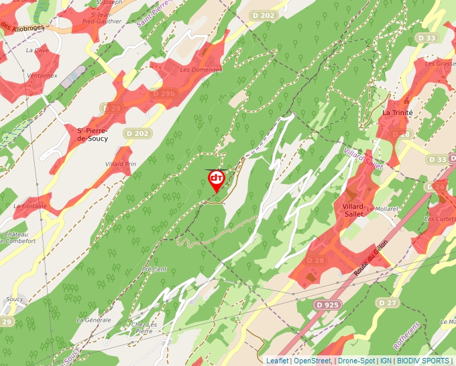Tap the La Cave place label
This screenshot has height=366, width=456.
pos(38,50)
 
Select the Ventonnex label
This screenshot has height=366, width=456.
pos(42,76)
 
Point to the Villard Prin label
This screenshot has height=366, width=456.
pos(121,164)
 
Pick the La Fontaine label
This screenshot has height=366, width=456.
pos(30,206)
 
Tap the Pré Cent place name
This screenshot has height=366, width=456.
pos(154,269)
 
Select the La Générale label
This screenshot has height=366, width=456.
pos(93,320)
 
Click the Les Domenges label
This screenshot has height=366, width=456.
pos(201,70)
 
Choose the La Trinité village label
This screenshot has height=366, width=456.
pos(397,112)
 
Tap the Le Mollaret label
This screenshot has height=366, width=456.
pos(382,209)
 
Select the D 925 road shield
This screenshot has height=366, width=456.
pos(327,305)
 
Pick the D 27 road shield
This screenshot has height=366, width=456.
pos(388,302)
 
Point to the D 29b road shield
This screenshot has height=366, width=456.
pos(164,94)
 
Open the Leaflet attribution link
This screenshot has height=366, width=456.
pos(277,361)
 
